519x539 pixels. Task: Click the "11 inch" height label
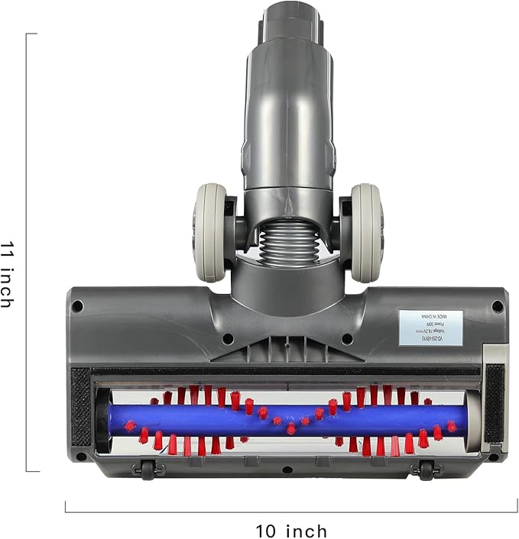pyautogui.click(x=7, y=274)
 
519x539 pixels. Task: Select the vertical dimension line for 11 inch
pyautogui.click(x=27, y=252)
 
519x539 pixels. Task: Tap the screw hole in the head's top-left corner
pyautogui.click(x=77, y=305)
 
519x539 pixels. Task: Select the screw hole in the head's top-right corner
pyautogui.click(x=498, y=305)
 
